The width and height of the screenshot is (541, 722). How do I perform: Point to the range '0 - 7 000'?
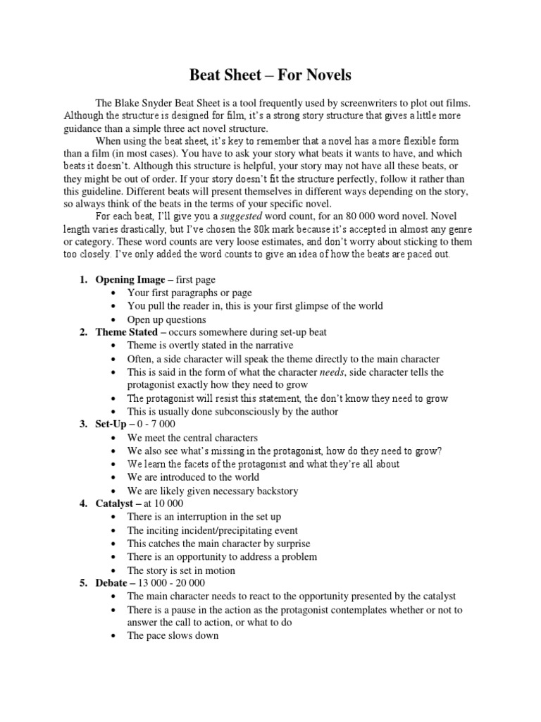pyautogui.click(x=158, y=424)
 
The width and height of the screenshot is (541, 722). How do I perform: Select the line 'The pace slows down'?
pyautogui.click(x=173, y=636)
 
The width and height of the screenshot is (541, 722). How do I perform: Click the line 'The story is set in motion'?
pyautogui.click(x=181, y=570)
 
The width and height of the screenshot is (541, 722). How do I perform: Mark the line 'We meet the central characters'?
pyautogui.click(x=192, y=438)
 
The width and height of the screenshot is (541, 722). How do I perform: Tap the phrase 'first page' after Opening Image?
pyautogui.click(x=193, y=280)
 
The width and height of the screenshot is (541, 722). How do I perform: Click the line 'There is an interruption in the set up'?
pyautogui.click(x=204, y=517)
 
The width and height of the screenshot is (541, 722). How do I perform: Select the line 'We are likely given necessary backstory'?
pyautogui.click(x=213, y=491)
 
